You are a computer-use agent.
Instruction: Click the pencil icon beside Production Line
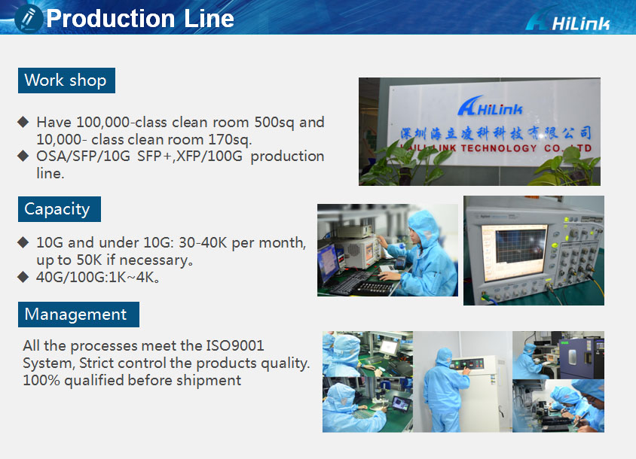tap(29, 19)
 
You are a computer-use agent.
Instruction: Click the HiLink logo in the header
tap(567, 20)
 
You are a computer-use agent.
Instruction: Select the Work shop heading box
tap(66, 81)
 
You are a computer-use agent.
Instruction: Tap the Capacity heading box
tap(60, 209)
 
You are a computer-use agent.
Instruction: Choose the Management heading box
tap(78, 315)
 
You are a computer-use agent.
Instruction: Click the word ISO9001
tap(235, 345)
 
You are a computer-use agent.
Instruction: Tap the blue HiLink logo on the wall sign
tap(491, 106)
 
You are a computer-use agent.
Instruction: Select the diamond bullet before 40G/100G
tap(23, 277)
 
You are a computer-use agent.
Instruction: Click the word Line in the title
tap(209, 19)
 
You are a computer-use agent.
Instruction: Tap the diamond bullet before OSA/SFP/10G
tap(23, 156)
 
